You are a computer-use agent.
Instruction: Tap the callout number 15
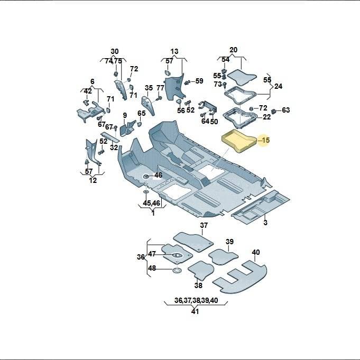[265, 140]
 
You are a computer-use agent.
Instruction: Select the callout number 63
[286, 110]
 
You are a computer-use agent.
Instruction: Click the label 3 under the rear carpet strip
[265, 223]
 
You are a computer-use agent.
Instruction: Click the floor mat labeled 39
[223, 257]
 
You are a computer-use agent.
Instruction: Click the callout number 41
[195, 311]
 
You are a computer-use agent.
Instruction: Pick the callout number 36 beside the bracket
[141, 257]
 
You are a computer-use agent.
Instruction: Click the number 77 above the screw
[161, 88]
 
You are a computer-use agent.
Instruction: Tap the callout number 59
[199, 81]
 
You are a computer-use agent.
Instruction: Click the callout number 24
[278, 86]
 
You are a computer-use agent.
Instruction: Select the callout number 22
[266, 117]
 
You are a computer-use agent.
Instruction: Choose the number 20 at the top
[233, 50]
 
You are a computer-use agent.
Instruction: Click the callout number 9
[125, 115]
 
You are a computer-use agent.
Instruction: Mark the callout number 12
[93, 180]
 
